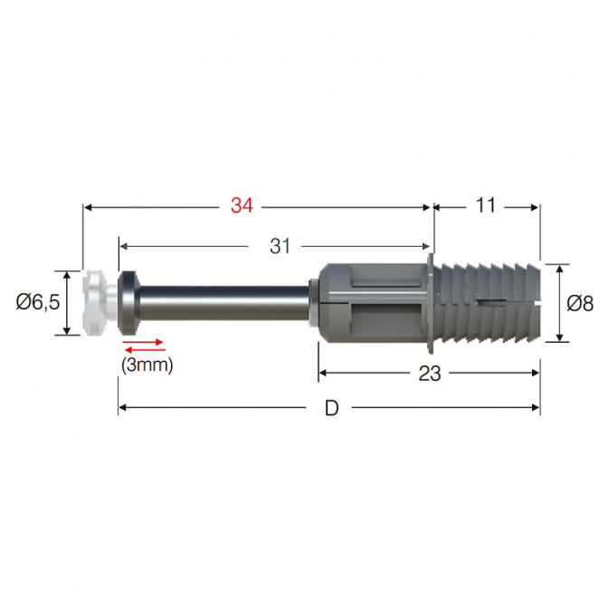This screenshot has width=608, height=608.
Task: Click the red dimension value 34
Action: pos(242,205)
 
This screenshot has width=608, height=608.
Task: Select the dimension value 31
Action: pos(280,246)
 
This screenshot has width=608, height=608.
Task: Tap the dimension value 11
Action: pos(486,205)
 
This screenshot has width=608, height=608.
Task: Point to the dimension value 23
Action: pos(430,374)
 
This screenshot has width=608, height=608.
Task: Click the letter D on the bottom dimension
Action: pos(331,408)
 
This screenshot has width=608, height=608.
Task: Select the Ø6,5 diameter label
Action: pos(38,301)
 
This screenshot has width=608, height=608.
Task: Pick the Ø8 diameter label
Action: pos(580,303)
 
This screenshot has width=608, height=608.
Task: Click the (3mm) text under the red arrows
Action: pos(147,366)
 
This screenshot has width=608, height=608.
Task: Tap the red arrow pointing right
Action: pos(143,342)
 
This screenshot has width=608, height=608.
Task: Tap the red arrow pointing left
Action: pos(144,350)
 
